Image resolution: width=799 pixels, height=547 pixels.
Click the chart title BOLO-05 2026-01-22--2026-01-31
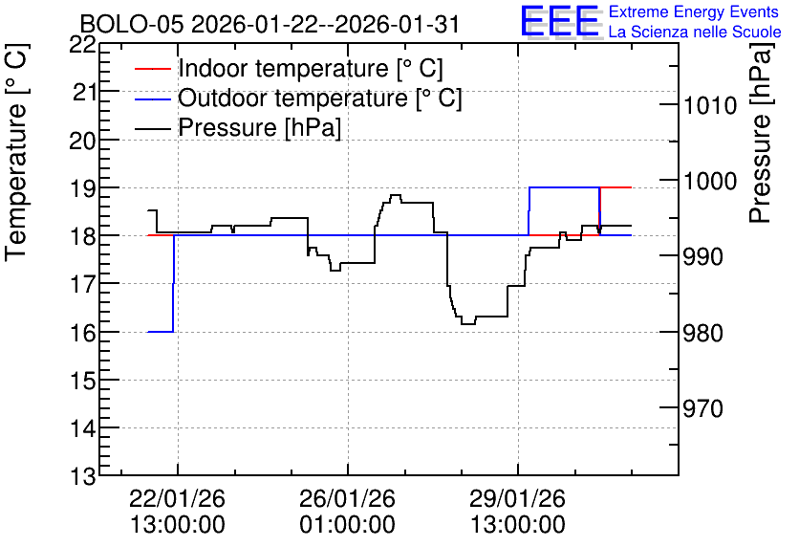[x=270, y=24]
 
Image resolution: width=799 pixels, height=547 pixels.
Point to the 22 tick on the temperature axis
[x=82, y=45]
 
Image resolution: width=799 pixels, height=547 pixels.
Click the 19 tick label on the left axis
[x=82, y=188]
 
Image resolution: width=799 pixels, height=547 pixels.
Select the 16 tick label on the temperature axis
[x=82, y=333]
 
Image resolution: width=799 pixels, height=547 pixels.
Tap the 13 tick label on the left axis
[x=82, y=477]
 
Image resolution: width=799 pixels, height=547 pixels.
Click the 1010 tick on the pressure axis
[x=710, y=105]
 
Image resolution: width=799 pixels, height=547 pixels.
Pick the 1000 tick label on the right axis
[x=710, y=181]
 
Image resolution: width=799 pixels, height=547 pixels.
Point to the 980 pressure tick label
[x=702, y=333]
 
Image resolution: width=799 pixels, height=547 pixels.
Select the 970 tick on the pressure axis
[x=702, y=408]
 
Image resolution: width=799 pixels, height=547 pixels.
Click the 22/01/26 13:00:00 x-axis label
[x=178, y=512]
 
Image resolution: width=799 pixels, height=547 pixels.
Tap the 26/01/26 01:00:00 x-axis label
[x=348, y=512]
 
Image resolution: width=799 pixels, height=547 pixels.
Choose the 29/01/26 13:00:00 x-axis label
[x=518, y=512]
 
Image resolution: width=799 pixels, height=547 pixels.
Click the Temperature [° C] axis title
[x=16, y=153]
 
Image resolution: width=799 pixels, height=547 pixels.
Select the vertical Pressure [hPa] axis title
[x=760, y=133]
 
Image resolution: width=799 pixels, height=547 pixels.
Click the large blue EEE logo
[x=561, y=21]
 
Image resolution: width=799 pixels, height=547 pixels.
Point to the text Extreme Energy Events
[x=694, y=11]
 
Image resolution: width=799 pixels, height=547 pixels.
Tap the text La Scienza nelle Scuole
[x=695, y=33]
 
